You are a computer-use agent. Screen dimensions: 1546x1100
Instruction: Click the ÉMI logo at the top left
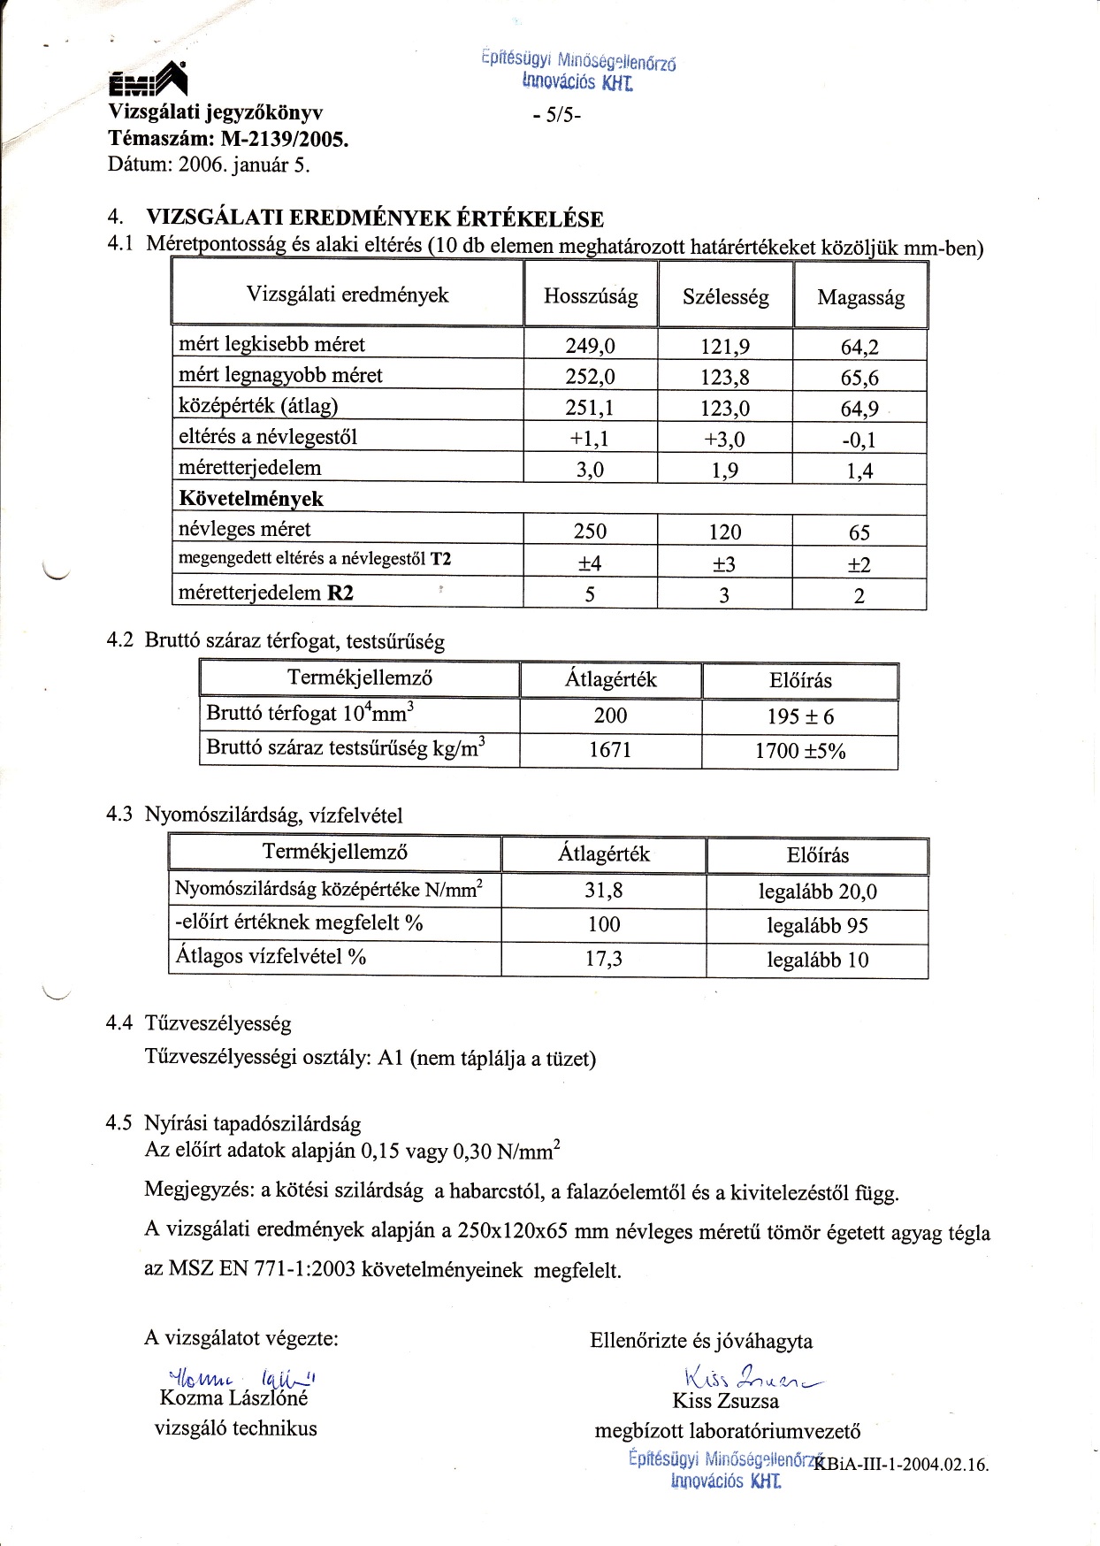148,81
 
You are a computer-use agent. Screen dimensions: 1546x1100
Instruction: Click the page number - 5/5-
557,115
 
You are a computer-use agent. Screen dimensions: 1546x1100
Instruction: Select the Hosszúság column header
591,296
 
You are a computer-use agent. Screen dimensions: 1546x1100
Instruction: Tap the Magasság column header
860,297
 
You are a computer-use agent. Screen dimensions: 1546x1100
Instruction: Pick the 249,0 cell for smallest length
590,346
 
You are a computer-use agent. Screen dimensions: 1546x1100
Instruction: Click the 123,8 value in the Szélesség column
725,378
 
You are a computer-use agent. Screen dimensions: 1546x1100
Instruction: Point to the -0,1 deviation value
859,440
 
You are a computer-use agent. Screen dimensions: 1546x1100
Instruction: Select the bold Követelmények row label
251,499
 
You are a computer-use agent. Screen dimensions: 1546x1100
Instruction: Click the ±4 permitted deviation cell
590,563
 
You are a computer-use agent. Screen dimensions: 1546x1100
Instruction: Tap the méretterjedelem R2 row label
266,593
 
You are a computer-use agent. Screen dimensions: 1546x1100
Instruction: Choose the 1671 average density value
610,750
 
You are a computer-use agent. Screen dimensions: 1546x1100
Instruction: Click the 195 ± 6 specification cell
800,716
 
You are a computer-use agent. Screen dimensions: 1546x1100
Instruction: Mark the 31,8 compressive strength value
604,890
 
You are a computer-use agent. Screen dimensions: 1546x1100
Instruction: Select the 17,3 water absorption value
604,958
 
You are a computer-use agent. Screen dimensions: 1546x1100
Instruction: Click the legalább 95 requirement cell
817,925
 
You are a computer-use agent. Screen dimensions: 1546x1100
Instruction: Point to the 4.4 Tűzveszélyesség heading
198,1023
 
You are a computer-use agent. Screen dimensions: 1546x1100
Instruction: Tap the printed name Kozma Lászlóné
233,1398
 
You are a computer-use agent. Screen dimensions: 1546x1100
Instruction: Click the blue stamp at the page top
579,72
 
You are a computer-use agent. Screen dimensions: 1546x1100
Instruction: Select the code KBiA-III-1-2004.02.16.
901,1464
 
